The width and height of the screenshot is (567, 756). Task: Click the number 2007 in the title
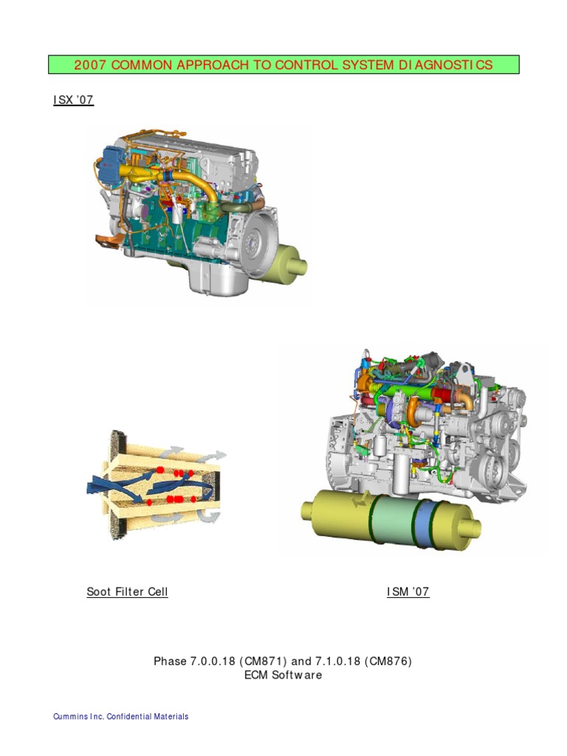tap(89, 65)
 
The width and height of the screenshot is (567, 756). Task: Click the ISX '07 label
tap(73, 100)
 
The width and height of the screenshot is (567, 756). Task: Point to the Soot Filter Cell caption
tap(127, 591)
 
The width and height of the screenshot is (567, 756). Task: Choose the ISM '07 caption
tap(408, 591)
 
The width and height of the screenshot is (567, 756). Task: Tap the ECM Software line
tap(283, 675)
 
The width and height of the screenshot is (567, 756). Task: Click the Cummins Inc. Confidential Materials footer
tap(121, 716)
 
